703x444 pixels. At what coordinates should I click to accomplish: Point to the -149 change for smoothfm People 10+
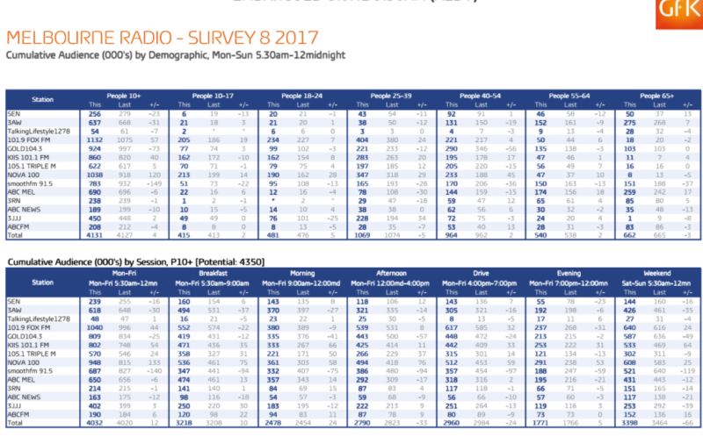coord(155,183)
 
